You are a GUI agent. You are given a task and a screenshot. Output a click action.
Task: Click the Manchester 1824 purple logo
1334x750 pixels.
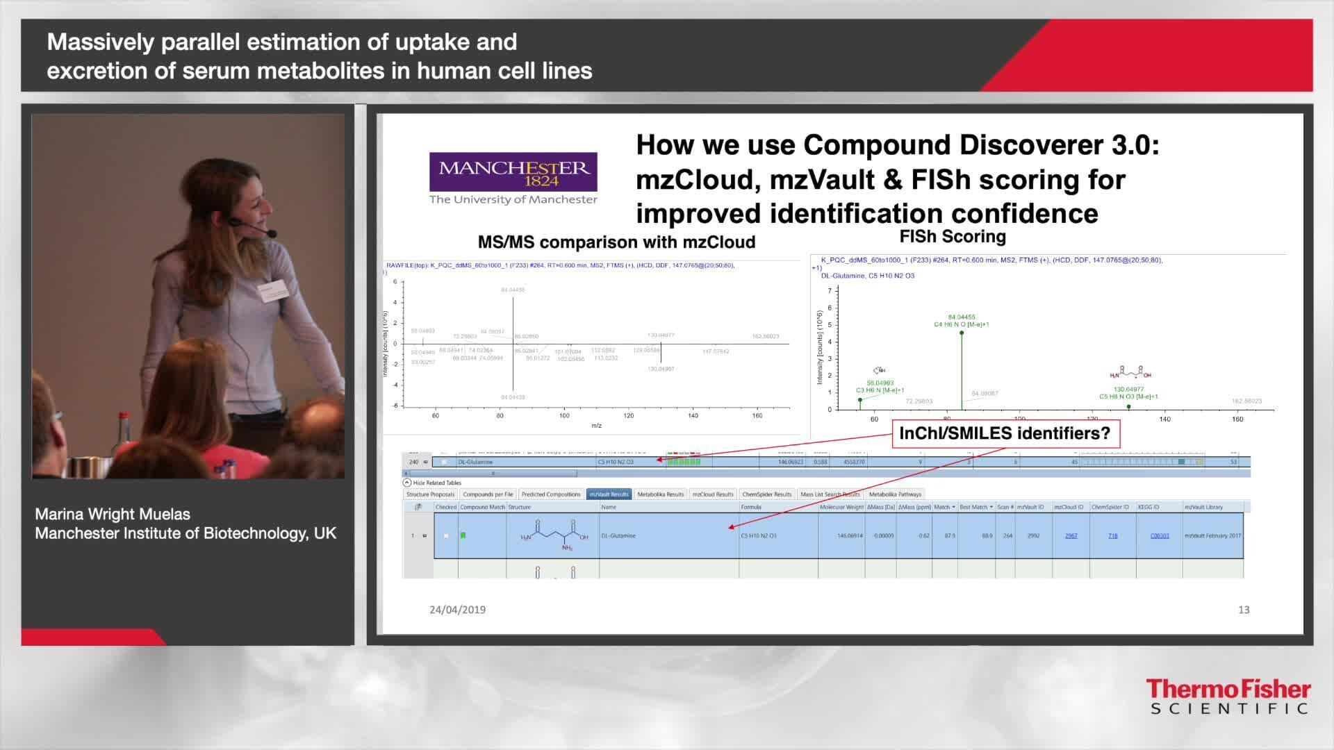[x=513, y=172]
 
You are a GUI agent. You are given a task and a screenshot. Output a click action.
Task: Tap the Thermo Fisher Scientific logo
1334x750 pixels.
[x=1228, y=697]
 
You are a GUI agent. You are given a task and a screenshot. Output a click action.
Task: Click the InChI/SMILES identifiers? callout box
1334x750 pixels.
[x=1005, y=433]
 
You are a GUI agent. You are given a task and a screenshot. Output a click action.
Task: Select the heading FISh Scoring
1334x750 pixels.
[x=953, y=237]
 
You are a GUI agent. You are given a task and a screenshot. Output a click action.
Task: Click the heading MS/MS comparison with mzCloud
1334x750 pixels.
[x=616, y=242]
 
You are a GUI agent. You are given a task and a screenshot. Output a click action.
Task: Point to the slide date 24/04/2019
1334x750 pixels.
[x=457, y=610]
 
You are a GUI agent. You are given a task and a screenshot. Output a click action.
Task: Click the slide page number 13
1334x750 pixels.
[x=1244, y=610]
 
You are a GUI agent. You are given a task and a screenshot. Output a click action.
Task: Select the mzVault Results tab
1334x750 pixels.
[x=609, y=494]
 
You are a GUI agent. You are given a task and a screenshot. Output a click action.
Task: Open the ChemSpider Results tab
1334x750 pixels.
[x=766, y=494]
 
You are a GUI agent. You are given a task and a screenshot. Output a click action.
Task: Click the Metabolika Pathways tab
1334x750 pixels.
[x=895, y=494]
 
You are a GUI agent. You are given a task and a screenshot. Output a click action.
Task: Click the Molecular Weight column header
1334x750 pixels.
[x=841, y=507]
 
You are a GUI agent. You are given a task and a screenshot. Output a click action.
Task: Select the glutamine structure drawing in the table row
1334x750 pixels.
[x=554, y=536]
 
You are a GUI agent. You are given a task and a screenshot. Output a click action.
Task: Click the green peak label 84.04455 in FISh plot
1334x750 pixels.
[x=962, y=317]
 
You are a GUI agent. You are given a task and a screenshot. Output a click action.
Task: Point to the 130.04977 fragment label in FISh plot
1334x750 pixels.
[x=1128, y=390]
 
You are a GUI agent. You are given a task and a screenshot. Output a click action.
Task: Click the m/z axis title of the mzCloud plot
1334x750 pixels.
[x=596, y=426]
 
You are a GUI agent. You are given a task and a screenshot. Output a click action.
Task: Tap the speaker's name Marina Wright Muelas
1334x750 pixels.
[x=113, y=515]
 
